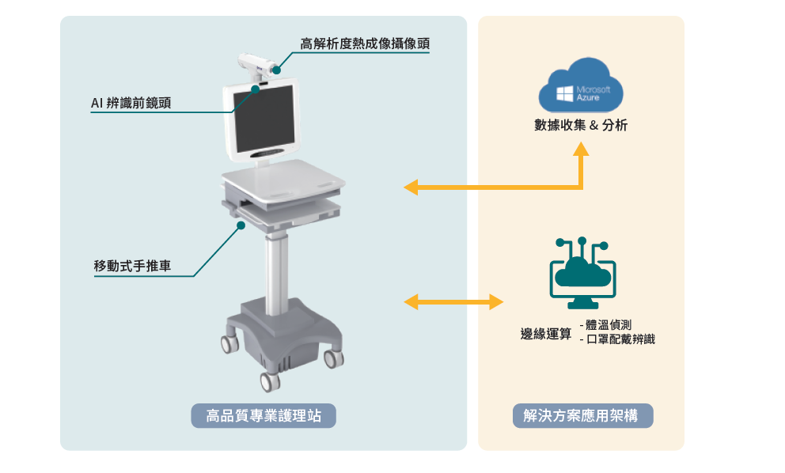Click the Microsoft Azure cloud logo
[x=581, y=85]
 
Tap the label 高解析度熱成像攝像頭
[x=365, y=44]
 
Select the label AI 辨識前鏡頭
[x=131, y=103]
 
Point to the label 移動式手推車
[x=133, y=266]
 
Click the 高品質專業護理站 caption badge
[x=264, y=415]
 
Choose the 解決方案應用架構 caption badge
[x=582, y=415]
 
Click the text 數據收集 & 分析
[x=581, y=125]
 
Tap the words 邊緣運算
[x=546, y=333]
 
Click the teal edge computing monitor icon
[x=582, y=274]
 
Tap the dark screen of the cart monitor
[x=264, y=119]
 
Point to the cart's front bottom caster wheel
[x=271, y=382]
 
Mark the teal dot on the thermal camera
[x=276, y=70]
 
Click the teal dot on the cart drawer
[x=241, y=225]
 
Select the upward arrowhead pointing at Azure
[x=581, y=149]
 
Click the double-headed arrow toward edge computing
[x=453, y=302]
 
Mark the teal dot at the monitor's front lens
[x=256, y=89]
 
